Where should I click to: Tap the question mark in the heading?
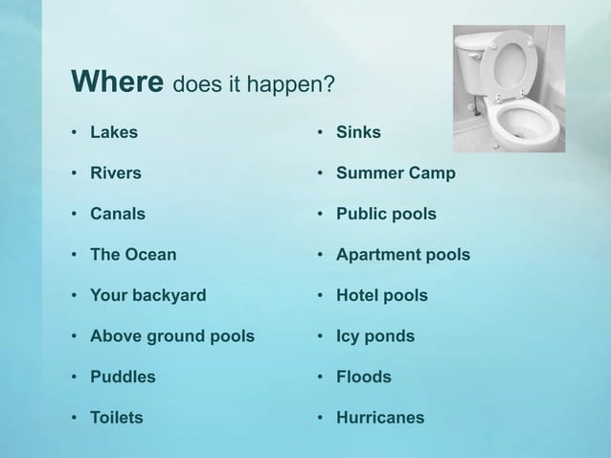click(328, 87)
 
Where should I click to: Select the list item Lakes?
click(113, 132)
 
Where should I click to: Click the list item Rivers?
click(115, 173)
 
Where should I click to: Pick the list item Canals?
click(118, 214)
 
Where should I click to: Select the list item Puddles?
click(123, 378)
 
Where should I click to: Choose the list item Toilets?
click(116, 418)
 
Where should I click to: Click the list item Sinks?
click(358, 132)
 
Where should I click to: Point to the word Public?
click(361, 214)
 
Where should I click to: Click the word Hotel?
click(357, 295)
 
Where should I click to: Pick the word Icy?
click(348, 336)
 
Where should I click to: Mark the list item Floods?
click(363, 377)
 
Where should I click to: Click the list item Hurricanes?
click(379, 418)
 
